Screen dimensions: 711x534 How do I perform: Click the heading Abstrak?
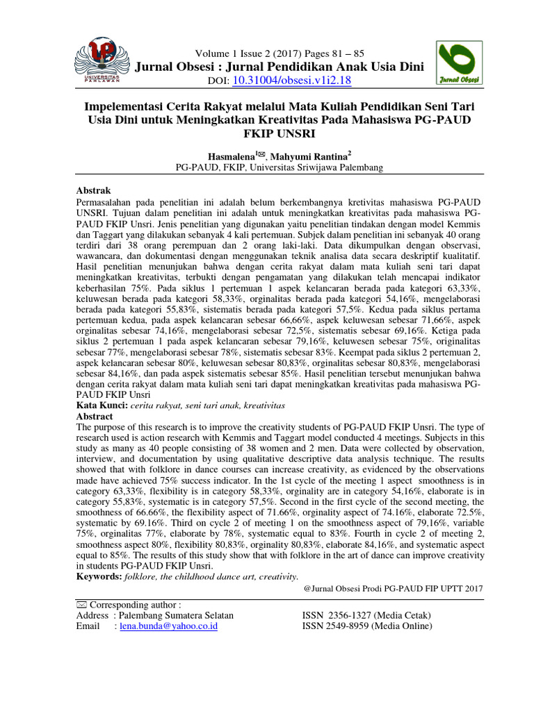click(92, 190)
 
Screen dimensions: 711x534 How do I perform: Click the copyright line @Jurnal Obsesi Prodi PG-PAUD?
click(393, 588)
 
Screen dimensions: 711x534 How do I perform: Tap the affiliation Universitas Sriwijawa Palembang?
click(305, 168)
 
